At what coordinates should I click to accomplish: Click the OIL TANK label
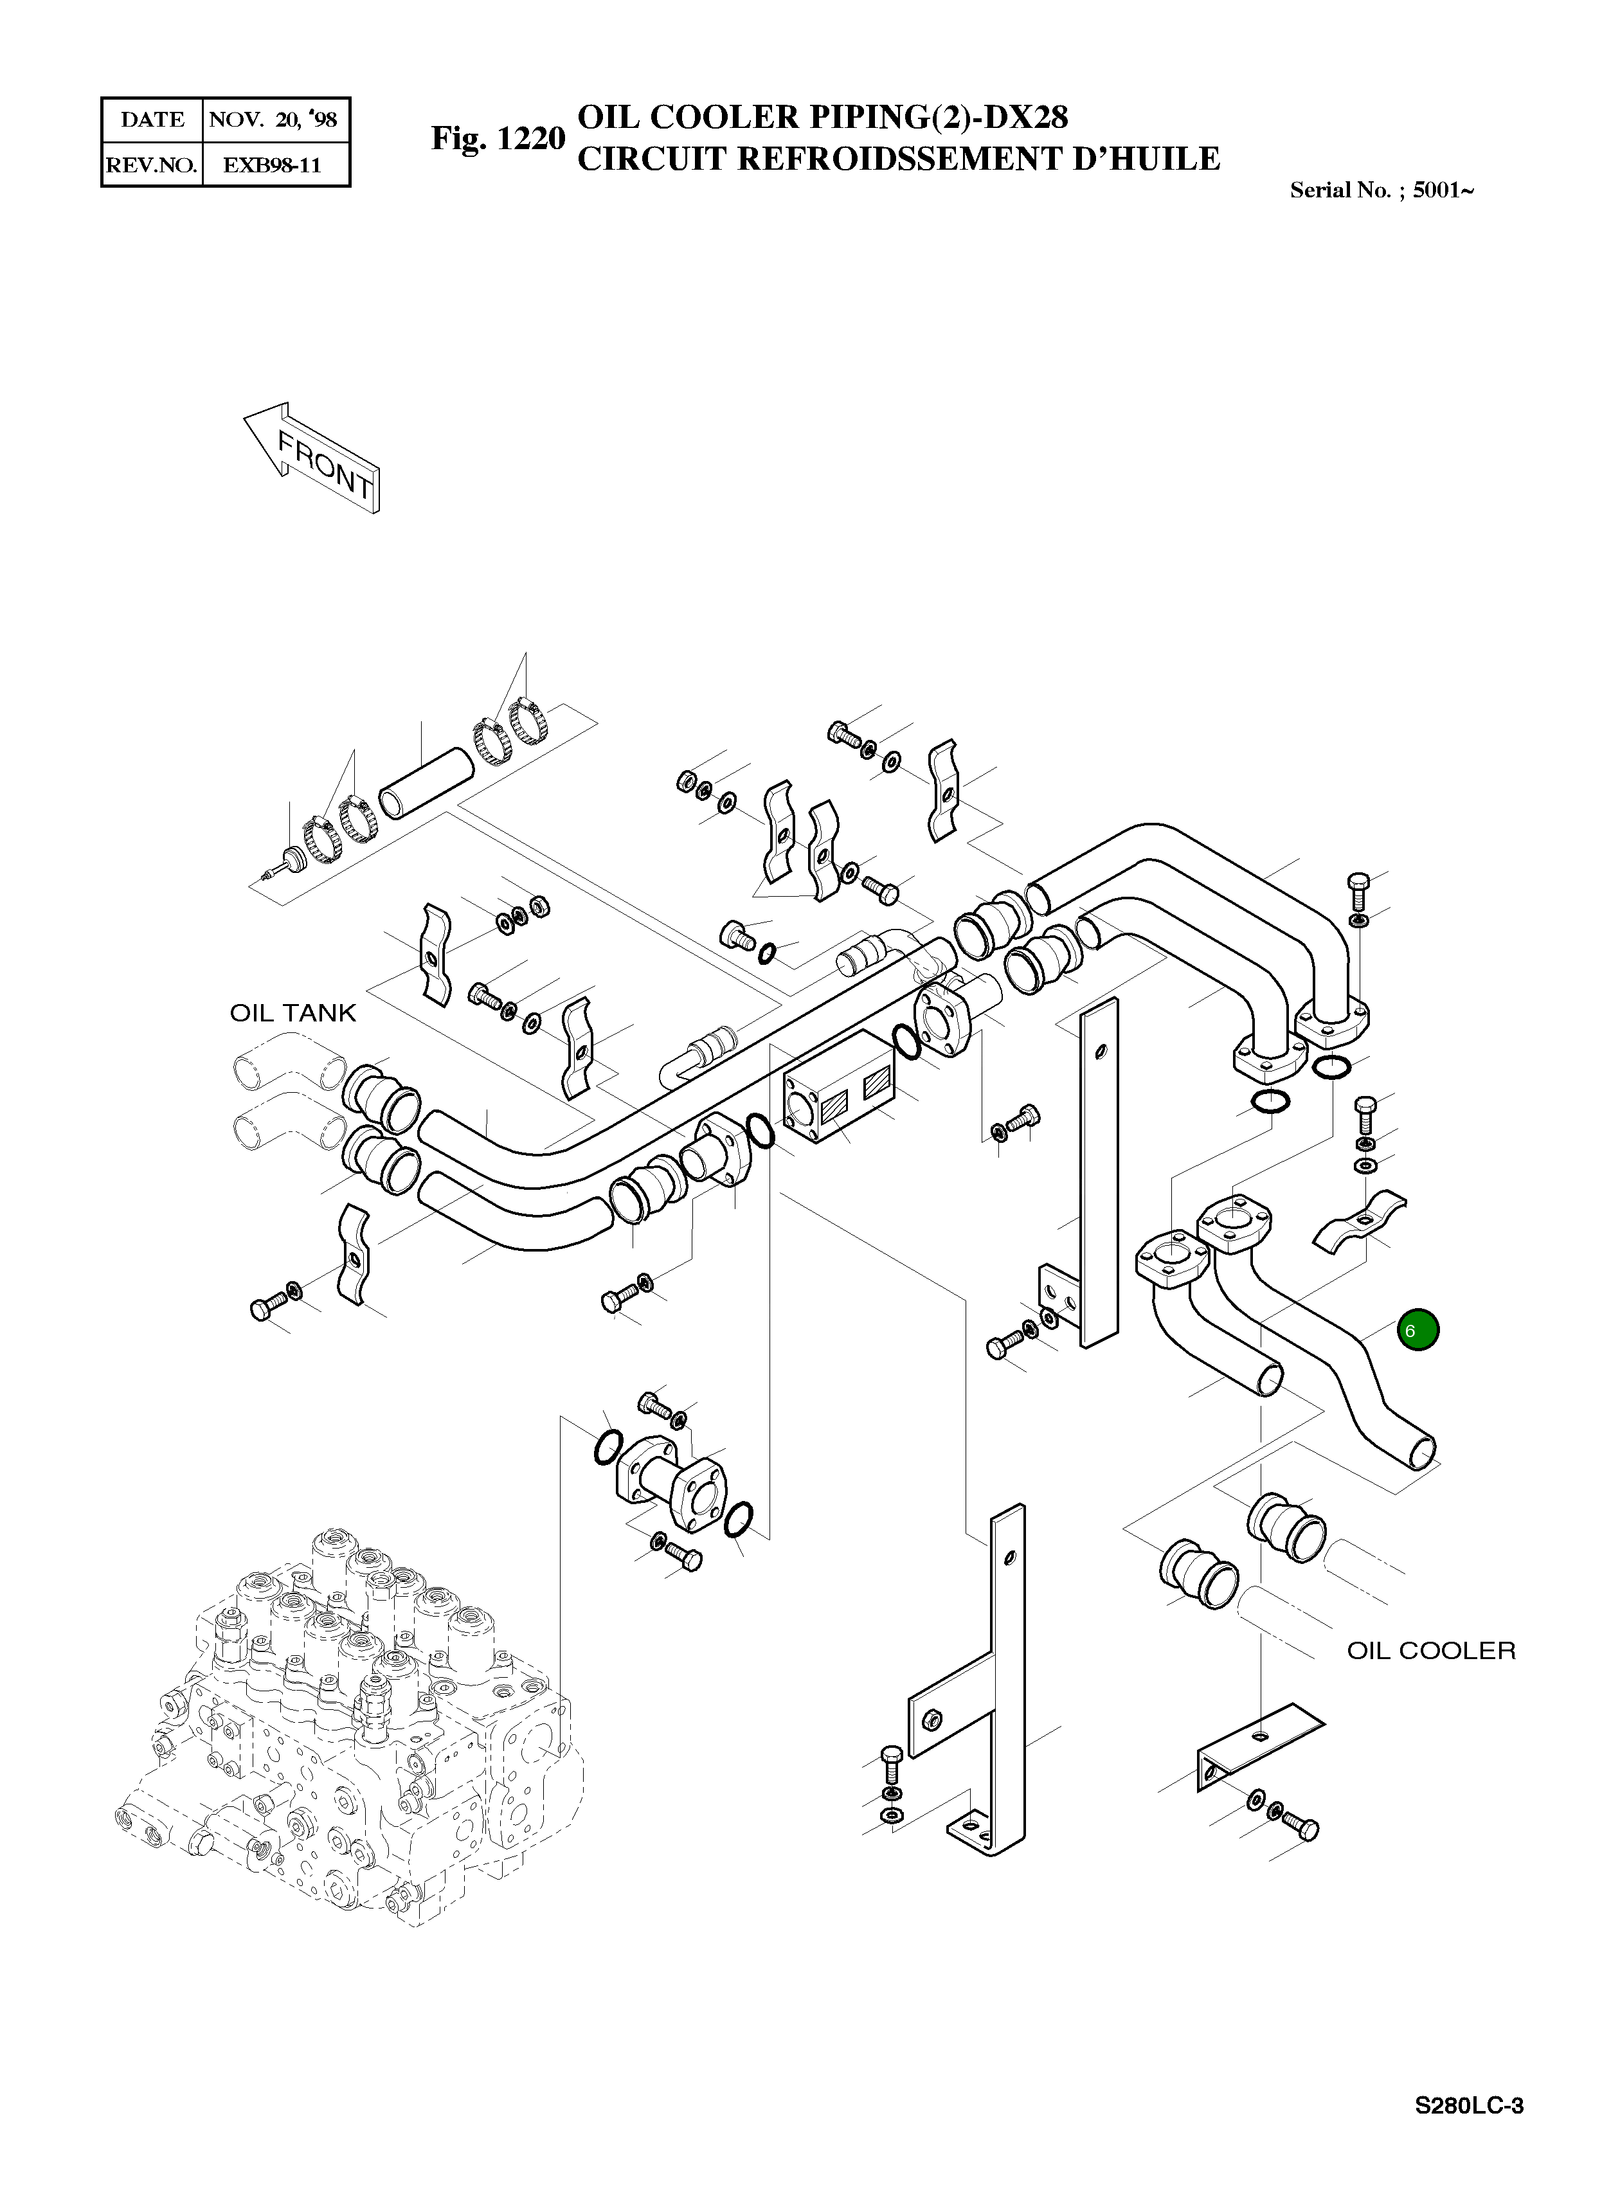pyautogui.click(x=292, y=1013)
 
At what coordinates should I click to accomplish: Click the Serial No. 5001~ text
pyautogui.click(x=1381, y=190)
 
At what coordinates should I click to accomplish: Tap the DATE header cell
pyautogui.click(x=152, y=120)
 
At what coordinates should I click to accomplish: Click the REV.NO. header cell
pyautogui.click(x=152, y=165)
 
